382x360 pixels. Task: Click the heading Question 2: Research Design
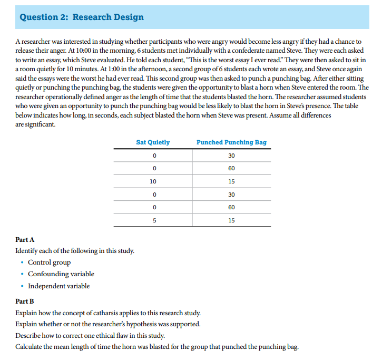click(x=81, y=17)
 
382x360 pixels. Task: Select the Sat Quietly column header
click(x=153, y=142)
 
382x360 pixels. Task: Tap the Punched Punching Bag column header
click(x=231, y=142)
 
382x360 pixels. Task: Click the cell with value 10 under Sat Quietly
click(x=153, y=181)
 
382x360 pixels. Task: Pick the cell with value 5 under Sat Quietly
click(x=153, y=220)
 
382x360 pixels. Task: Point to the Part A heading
click(x=25, y=240)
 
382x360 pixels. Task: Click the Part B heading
click(x=25, y=301)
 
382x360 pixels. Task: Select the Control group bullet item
click(x=49, y=262)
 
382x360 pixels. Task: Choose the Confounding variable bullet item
click(x=61, y=274)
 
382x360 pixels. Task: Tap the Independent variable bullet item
click(x=58, y=286)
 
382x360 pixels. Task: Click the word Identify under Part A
click(x=27, y=251)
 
